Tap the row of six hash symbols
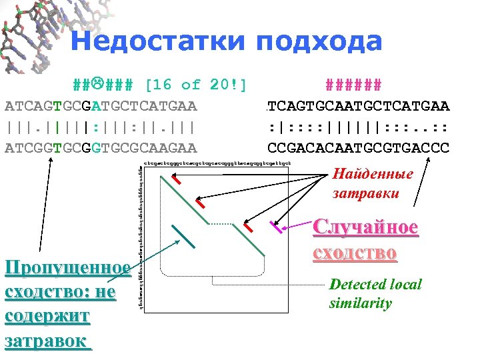[x=353, y=85]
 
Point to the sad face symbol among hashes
[x=96, y=85]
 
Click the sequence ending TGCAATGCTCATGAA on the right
[x=357, y=106]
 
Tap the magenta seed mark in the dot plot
[x=275, y=227]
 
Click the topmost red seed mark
[x=176, y=180]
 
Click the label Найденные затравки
[x=373, y=183]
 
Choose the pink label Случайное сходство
[x=365, y=239]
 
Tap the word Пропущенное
[x=67, y=268]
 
